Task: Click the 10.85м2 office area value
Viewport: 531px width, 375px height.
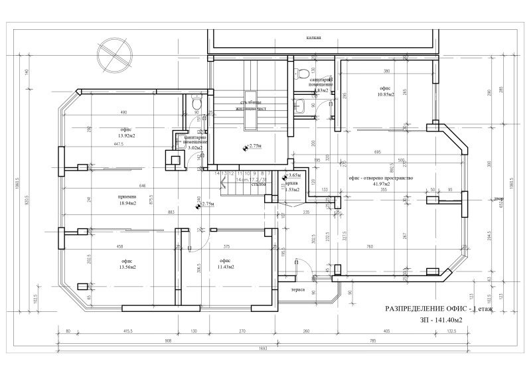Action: (x=386, y=94)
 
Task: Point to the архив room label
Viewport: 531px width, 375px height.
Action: (x=291, y=184)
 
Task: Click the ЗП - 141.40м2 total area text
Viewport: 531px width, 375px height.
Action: (x=441, y=321)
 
